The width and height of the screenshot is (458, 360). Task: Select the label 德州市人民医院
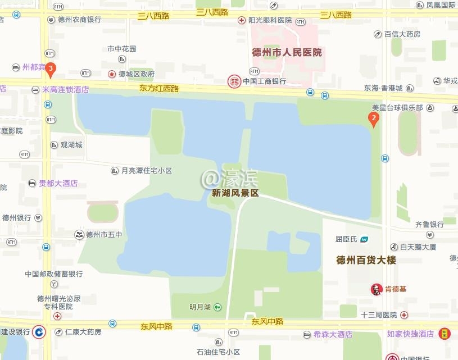287,52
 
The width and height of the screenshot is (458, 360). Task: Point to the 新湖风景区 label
235,193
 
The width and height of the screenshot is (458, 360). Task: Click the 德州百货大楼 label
366,260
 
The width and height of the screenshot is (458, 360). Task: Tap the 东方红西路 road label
159,88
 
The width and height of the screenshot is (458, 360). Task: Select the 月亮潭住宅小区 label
146,170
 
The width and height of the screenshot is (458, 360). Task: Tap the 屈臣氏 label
346,239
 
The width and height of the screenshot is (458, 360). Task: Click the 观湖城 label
71,145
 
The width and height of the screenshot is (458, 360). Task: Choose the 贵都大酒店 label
58,183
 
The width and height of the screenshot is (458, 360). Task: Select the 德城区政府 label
136,74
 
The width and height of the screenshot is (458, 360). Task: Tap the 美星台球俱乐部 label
397,107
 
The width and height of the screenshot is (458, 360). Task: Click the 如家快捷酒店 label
410,334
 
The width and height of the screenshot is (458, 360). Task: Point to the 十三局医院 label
379,315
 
